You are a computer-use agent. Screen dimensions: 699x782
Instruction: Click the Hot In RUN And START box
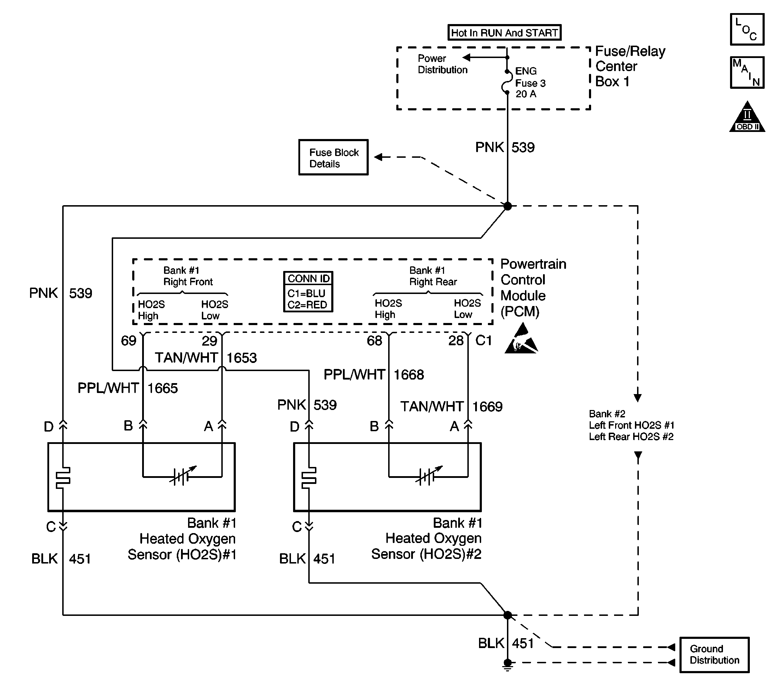coord(504,33)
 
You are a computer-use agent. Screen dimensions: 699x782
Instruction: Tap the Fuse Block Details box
coord(333,157)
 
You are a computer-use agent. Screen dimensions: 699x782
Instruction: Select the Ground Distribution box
coord(714,654)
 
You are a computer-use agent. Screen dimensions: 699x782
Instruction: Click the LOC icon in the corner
coord(747,30)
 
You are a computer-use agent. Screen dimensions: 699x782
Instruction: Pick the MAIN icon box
coord(747,73)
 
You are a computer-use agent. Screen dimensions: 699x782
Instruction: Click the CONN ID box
coord(308,292)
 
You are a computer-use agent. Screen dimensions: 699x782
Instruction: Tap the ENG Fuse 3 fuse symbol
coord(507,82)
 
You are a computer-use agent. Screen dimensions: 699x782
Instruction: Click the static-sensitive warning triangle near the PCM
coord(521,340)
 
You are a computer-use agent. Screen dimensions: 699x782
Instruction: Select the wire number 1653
coord(241,358)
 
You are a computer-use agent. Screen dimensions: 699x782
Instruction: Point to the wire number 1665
coord(162,388)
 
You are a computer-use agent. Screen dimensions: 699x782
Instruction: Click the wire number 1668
coord(409,375)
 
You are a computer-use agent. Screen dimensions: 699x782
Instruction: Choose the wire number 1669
coord(487,407)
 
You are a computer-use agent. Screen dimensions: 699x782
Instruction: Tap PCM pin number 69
coord(129,341)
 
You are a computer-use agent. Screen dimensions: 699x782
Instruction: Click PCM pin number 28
coord(456,341)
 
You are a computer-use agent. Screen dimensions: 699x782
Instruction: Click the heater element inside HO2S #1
coord(63,478)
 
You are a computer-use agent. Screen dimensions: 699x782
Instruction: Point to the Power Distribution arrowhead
coord(466,58)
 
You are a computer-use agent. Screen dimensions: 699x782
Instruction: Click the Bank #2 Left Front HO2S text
coord(631,425)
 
